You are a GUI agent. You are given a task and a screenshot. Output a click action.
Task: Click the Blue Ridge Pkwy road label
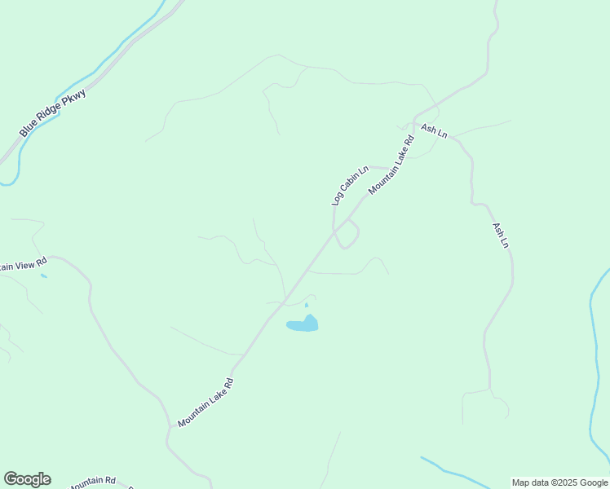click(x=53, y=112)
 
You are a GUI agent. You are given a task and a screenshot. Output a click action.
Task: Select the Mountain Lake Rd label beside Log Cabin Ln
click(x=391, y=165)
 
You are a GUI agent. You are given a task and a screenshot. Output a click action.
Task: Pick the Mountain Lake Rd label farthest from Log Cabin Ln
click(x=206, y=403)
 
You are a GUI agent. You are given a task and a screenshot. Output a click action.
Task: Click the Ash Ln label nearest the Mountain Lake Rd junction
click(x=433, y=130)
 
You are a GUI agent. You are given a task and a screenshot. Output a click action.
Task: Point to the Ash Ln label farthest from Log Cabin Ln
click(x=500, y=236)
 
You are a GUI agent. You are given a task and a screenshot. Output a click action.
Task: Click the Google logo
click(x=27, y=479)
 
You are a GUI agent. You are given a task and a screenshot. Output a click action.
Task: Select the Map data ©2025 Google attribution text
click(x=559, y=482)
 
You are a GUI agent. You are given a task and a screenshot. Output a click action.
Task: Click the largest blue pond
click(x=303, y=324)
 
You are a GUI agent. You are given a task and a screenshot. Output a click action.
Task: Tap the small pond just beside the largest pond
click(x=307, y=305)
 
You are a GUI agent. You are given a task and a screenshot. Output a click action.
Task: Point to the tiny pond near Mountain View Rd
click(x=43, y=275)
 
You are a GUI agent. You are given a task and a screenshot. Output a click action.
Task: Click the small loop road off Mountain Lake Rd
click(x=348, y=235)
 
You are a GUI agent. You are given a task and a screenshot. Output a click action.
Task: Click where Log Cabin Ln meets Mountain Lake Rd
click(x=334, y=233)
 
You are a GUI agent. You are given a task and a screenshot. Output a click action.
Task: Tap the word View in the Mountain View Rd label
click(x=23, y=264)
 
